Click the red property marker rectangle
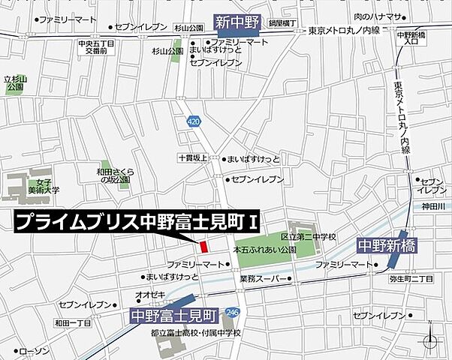[202, 247]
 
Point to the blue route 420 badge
[194, 120]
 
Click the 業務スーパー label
[260, 279]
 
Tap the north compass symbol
[430, 339]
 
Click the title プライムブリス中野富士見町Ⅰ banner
[137, 223]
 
